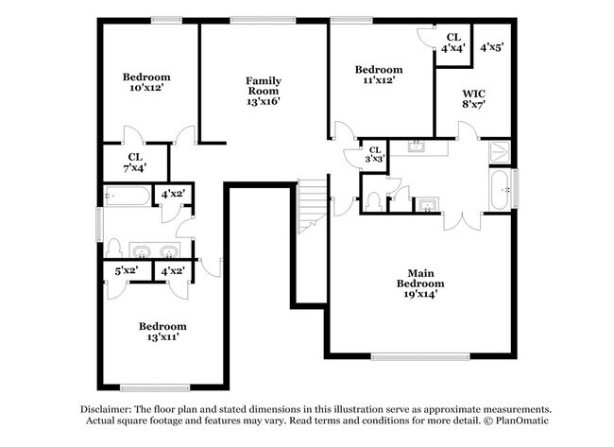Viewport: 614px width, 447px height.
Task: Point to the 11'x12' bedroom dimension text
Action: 379,80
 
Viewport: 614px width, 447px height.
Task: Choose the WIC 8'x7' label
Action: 474,99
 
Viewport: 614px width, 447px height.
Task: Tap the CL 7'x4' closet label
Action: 136,163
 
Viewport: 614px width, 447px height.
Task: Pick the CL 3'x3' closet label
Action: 374,155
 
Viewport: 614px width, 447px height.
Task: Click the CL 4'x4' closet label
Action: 453,43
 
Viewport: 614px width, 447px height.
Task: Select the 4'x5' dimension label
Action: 491,46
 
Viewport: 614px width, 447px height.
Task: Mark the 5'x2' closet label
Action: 127,271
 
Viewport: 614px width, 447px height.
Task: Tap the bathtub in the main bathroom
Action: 500,189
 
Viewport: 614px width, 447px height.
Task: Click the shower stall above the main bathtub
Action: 499,151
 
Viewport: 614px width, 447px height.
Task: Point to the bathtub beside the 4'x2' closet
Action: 128,197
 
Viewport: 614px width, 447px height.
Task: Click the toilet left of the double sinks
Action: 113,248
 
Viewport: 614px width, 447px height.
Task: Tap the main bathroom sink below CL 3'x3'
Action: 428,205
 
